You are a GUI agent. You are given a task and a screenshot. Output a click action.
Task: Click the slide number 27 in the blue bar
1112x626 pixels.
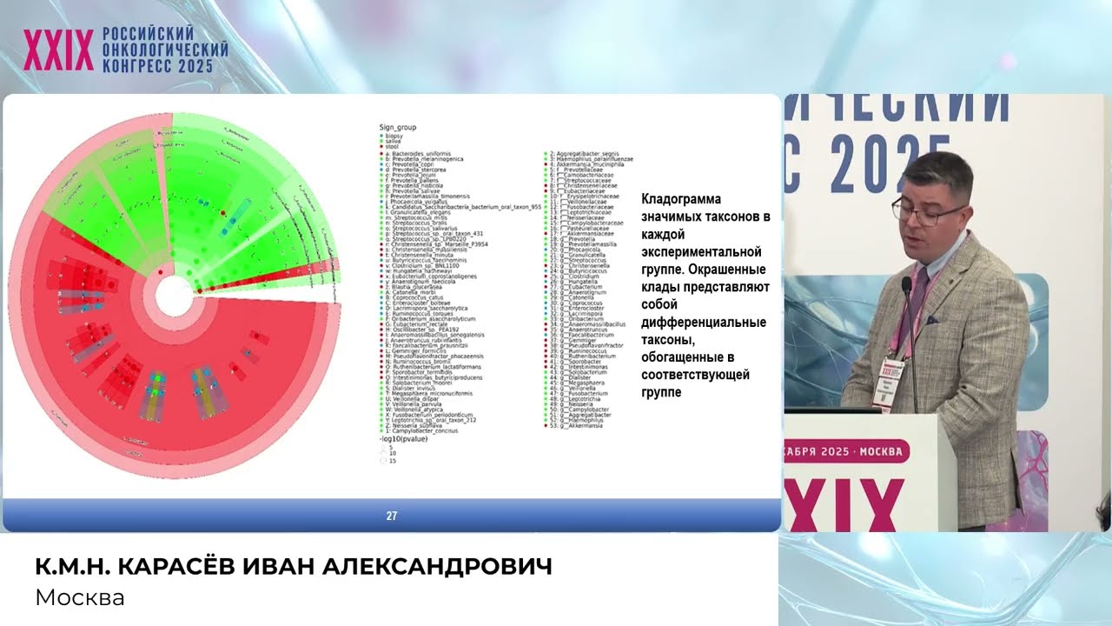point(392,516)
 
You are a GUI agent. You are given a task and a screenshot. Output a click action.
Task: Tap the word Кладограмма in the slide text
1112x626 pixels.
point(681,199)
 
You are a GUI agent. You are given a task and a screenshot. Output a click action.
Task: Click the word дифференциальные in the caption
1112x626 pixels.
point(704,323)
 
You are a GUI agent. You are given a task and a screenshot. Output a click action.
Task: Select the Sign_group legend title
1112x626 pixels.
point(398,128)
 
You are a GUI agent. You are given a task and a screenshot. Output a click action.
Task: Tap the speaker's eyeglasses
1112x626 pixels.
point(927,212)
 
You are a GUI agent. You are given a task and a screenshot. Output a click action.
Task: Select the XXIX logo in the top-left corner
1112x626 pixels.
point(58,50)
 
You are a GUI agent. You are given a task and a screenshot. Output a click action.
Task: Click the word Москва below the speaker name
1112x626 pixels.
point(80,597)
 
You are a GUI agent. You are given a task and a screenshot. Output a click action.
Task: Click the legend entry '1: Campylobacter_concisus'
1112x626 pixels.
point(427,430)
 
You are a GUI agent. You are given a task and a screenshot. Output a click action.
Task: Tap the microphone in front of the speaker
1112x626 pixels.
point(906,286)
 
